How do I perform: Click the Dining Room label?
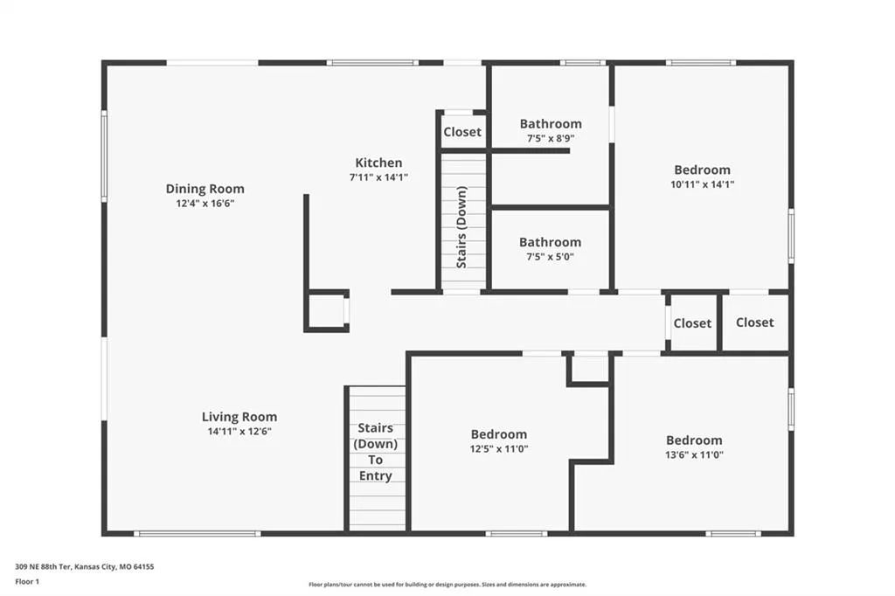(x=205, y=189)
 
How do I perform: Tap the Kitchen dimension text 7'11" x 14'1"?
(x=378, y=177)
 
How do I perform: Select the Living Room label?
(x=239, y=417)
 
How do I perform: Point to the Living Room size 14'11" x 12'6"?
(x=239, y=432)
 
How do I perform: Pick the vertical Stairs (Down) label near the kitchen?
(x=461, y=227)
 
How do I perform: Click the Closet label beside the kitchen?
(x=462, y=132)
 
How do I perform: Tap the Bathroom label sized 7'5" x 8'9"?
(x=551, y=124)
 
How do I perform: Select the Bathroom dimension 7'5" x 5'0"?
(x=551, y=257)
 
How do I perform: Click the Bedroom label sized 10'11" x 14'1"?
(x=702, y=170)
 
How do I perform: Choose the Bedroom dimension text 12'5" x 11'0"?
(x=499, y=448)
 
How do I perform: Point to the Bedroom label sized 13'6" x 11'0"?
(x=694, y=440)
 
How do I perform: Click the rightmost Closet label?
(x=754, y=322)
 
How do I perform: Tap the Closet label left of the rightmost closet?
(x=692, y=323)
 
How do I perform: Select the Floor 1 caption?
(x=27, y=582)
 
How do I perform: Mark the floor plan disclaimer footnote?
(x=447, y=585)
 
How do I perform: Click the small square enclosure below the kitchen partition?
(x=327, y=310)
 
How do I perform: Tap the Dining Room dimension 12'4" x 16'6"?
(x=205, y=204)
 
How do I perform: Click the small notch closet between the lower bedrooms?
(x=590, y=370)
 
